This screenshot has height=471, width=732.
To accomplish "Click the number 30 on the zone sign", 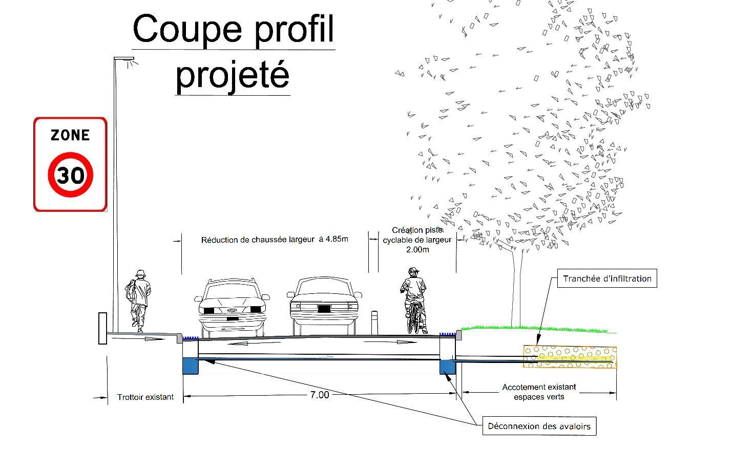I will [71, 175].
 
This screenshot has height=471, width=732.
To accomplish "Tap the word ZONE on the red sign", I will [70, 135].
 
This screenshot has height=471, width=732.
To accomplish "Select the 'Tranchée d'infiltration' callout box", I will [607, 279].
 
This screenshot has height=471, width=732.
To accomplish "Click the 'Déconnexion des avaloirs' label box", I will [539, 426].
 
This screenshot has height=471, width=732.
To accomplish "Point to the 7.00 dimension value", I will [320, 395].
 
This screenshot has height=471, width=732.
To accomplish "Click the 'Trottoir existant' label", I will [145, 397].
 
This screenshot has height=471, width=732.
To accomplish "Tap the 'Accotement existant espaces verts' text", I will [539, 392].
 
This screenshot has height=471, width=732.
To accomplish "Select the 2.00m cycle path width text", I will [417, 250].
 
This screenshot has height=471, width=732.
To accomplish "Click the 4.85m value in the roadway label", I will [337, 239].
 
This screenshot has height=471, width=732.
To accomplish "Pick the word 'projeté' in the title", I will [233, 75].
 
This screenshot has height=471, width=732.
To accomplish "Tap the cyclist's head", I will [413, 271].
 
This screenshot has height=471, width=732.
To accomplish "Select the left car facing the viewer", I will [232, 307].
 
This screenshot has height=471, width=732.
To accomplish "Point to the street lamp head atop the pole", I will [125, 60].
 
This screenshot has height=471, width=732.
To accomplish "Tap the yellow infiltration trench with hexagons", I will [570, 356].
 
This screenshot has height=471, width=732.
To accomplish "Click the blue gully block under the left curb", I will [191, 366].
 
